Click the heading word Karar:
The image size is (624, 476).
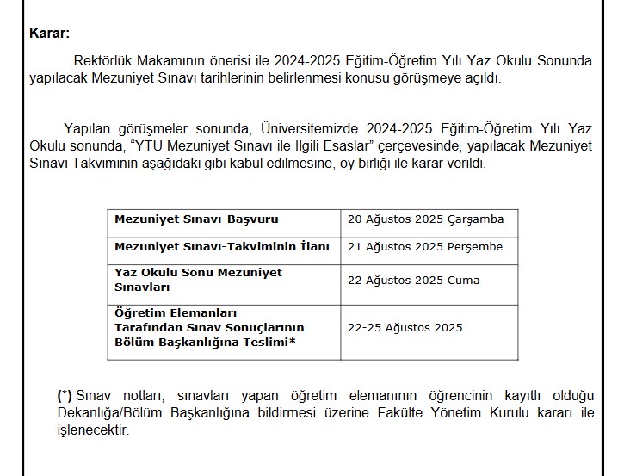pyautogui.click(x=49, y=34)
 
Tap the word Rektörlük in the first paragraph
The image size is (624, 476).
pyautogui.click(x=103, y=61)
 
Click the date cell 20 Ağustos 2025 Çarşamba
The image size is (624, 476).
pyautogui.click(x=425, y=219)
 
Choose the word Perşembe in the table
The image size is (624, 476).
pyautogui.click(x=476, y=247)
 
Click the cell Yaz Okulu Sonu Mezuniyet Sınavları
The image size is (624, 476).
pyautogui.click(x=198, y=280)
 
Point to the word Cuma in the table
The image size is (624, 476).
pyautogui.click(x=464, y=281)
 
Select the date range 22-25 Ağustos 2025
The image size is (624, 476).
pyautogui.click(x=405, y=328)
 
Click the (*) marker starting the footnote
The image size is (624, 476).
pyautogui.click(x=65, y=396)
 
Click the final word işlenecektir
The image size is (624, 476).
pyautogui.click(x=93, y=430)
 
